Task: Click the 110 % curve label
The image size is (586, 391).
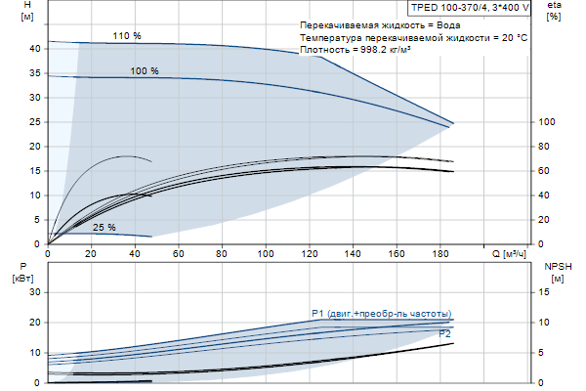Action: (x=127, y=36)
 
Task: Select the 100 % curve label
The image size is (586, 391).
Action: (x=145, y=71)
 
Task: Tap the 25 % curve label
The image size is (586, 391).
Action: (x=105, y=228)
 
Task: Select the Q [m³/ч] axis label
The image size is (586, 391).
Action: (x=509, y=254)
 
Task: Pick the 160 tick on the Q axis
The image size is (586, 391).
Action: (x=396, y=254)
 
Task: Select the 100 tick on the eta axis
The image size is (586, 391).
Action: (x=548, y=122)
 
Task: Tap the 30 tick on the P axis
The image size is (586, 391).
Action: (x=34, y=292)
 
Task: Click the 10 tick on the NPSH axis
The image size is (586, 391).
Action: (x=547, y=323)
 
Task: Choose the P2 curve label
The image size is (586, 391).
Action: (x=444, y=334)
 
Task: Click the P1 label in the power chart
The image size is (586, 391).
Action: (x=317, y=313)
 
